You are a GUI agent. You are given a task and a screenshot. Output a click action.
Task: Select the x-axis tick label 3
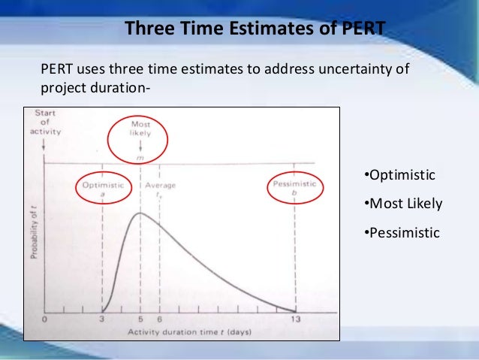(102, 319)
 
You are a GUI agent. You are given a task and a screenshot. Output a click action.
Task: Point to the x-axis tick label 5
(140, 319)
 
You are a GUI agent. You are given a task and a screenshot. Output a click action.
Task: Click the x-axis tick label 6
(159, 319)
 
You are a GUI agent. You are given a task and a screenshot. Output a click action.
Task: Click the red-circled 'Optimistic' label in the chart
(102, 188)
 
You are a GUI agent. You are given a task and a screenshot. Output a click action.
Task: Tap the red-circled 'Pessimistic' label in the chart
(295, 188)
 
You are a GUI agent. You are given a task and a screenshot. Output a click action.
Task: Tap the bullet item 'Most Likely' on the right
(402, 204)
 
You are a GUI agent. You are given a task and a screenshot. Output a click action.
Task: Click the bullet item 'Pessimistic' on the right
(401, 232)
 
